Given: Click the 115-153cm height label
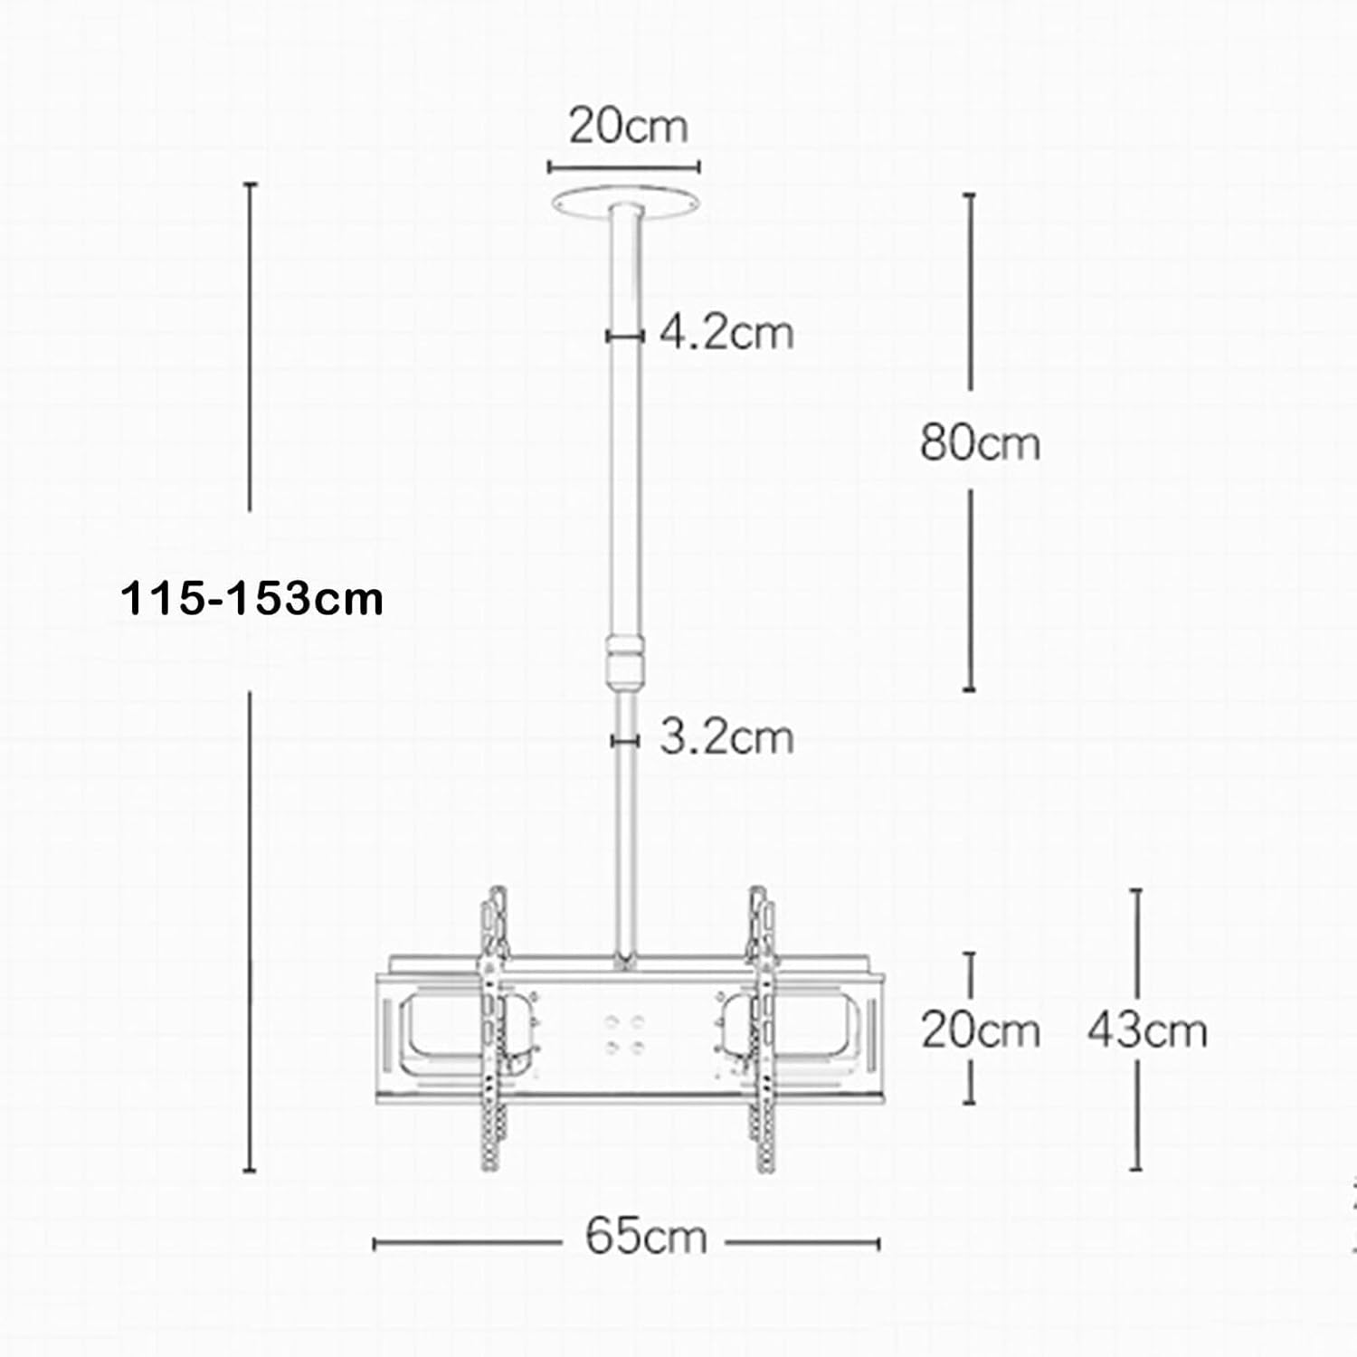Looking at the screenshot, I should pos(252,599).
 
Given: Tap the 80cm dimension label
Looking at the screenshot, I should pos(980,443).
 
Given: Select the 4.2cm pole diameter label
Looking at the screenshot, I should pos(726,333).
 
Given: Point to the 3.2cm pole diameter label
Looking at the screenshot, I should pos(726,737).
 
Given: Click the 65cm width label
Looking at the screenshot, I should pos(645,1236).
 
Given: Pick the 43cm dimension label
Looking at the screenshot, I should pos(1147,1030).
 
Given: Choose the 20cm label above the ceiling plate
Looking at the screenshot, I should pos(628,126).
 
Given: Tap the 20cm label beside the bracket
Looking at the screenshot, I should pos(980,1030).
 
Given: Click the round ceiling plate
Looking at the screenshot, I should pos(628,200).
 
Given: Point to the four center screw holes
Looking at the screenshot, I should pos(625,1034).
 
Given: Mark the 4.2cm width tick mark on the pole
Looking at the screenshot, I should pos(624,336).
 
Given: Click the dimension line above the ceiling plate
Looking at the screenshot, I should pos(623,167).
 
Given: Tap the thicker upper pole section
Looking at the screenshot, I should pos(625,452).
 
